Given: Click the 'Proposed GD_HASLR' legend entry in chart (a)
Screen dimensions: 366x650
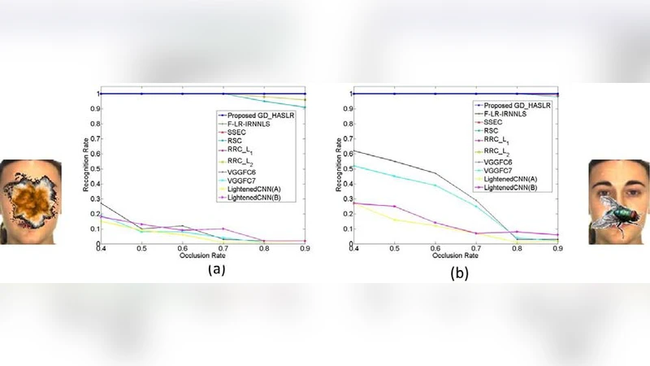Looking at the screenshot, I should (258, 115).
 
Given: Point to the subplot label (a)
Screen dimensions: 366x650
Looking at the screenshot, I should (215, 268).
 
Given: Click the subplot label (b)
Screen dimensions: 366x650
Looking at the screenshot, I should (460, 274).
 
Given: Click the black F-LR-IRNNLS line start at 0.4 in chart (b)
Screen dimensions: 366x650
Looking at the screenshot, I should (354, 150).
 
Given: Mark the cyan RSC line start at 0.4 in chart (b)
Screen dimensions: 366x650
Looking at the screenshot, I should (354, 166).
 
